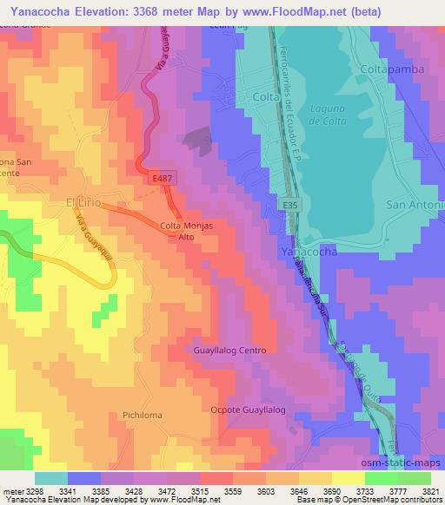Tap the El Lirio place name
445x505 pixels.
tap(84, 202)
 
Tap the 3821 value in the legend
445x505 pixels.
tap(428, 491)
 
